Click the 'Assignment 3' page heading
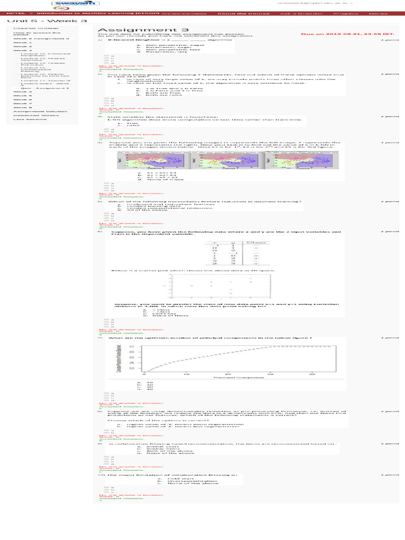[x=127, y=30]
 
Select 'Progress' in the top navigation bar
[x=342, y=13]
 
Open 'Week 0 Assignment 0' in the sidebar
[x=41, y=38]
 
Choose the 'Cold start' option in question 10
[x=178, y=479]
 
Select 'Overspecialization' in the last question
[x=185, y=481]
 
